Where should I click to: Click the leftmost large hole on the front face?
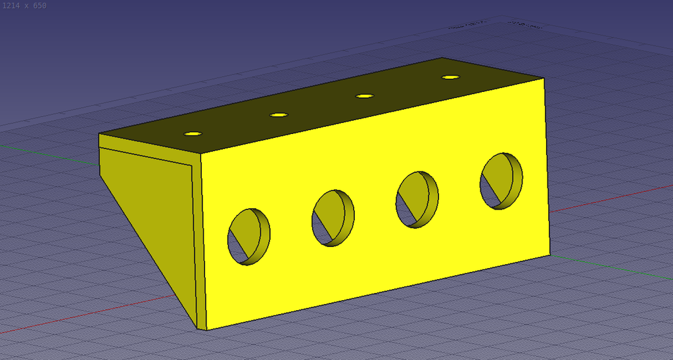pyautogui.click(x=248, y=236)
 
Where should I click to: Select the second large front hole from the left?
pyautogui.click(x=333, y=217)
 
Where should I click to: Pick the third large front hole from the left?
pyautogui.click(x=417, y=199)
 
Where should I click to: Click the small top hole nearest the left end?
pyautogui.click(x=193, y=133)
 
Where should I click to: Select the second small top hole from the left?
pyautogui.click(x=279, y=115)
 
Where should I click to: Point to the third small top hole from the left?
pyautogui.click(x=365, y=97)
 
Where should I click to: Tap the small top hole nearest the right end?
pyautogui.click(x=450, y=78)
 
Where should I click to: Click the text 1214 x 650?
pyautogui.click(x=24, y=6)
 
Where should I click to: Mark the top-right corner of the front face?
pyautogui.click(x=545, y=78)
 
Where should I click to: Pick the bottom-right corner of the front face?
pyautogui.click(x=549, y=255)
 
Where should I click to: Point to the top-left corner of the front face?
pyautogui.click(x=200, y=152)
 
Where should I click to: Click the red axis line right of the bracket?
pyautogui.click(x=611, y=197)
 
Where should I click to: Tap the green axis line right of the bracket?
pyautogui.click(x=611, y=265)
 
